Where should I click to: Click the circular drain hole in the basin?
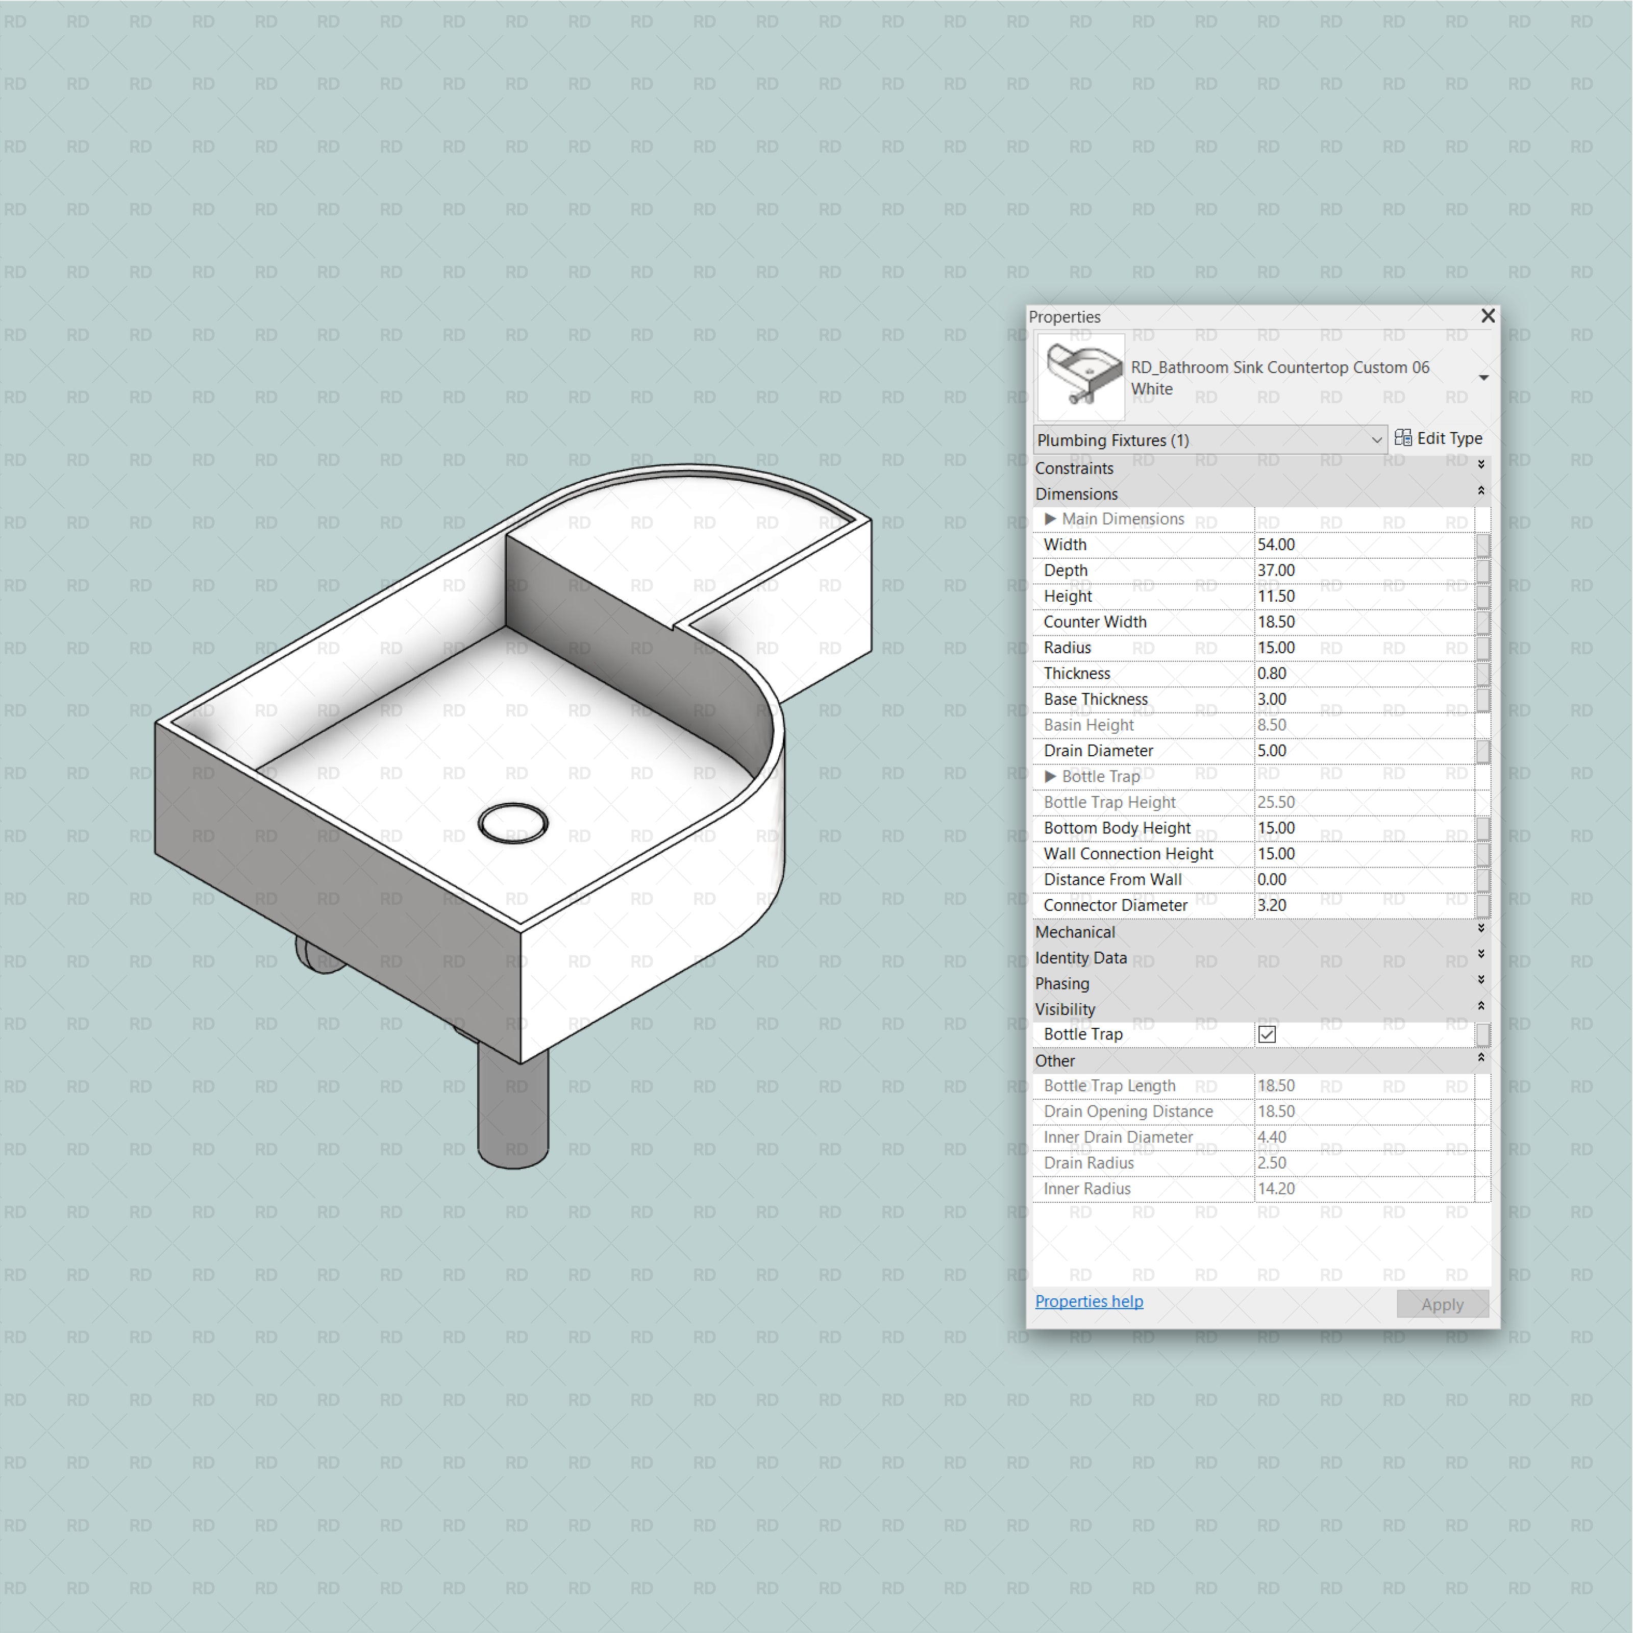tap(513, 823)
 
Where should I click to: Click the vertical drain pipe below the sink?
tap(513, 1107)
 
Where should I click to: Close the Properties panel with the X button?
tap(1488, 315)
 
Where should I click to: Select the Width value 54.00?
tap(1276, 545)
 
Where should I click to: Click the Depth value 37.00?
tap(1276, 571)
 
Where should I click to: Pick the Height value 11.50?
tap(1276, 596)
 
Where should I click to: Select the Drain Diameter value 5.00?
tap(1272, 751)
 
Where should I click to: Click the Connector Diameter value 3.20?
tap(1272, 905)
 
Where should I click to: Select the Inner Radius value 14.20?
tap(1276, 1189)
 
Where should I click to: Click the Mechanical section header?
tap(1075, 931)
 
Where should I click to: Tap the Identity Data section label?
tap(1081, 958)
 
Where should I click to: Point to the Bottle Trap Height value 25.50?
tap(1276, 802)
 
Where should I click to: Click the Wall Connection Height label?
tap(1128, 854)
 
